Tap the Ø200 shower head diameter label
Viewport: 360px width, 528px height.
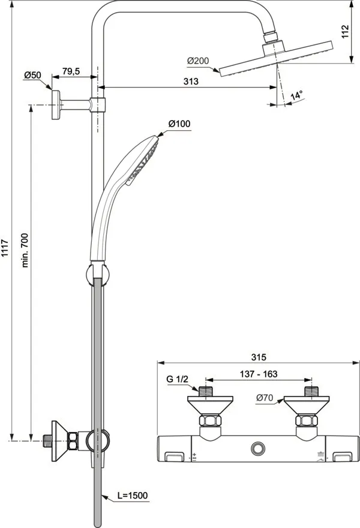pyautogui.click(x=197, y=61)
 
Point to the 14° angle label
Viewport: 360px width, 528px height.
pyautogui.click(x=296, y=95)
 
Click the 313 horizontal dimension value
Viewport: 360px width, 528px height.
pyautogui.click(x=190, y=82)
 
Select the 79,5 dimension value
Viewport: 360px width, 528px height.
pyautogui.click(x=71, y=71)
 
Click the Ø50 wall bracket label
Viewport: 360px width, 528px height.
pyautogui.click(x=32, y=75)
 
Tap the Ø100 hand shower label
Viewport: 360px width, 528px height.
pyautogui.click(x=179, y=124)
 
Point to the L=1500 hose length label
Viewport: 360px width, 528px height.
pyautogui.click(x=132, y=496)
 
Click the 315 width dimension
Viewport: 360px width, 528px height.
pyautogui.click(x=258, y=357)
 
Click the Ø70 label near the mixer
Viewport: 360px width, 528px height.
pyautogui.click(x=265, y=397)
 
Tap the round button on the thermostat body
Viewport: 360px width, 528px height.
pyautogui.click(x=259, y=448)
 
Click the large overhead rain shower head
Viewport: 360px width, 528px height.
pyautogui.click(x=275, y=60)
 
